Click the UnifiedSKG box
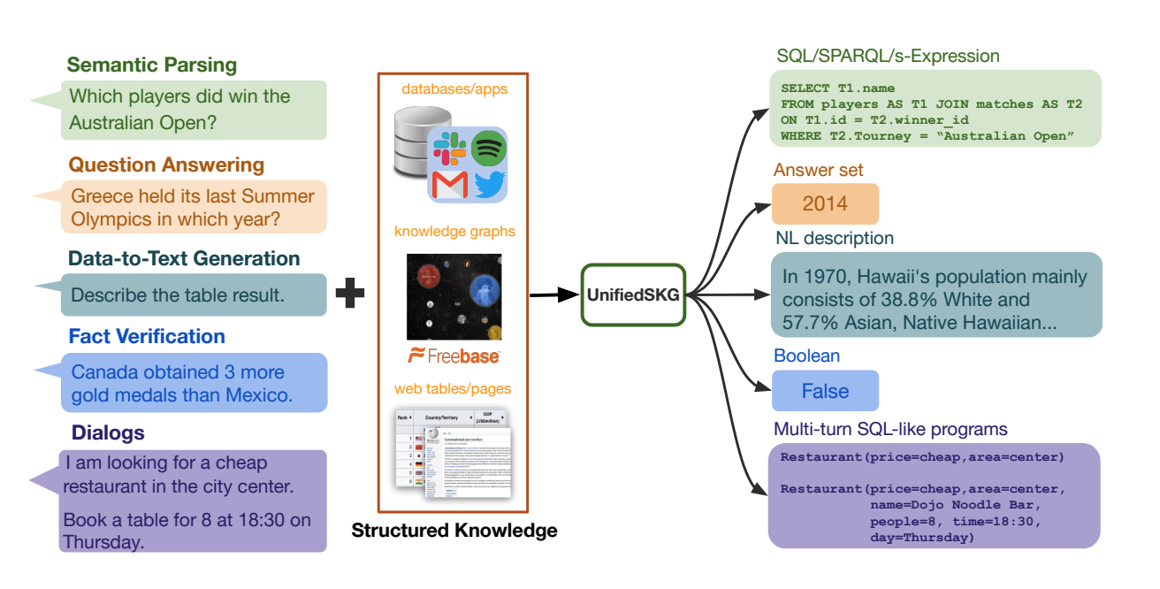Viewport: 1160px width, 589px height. [x=634, y=294]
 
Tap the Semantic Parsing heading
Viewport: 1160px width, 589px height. [x=152, y=65]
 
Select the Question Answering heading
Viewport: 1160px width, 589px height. [x=166, y=164]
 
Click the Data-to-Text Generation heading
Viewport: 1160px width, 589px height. [x=184, y=258]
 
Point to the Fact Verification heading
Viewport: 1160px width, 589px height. [x=147, y=336]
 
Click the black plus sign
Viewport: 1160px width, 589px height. [x=350, y=294]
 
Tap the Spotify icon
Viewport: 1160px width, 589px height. [x=488, y=148]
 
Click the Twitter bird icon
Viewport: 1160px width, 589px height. [x=488, y=185]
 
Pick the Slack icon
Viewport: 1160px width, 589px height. [x=449, y=148]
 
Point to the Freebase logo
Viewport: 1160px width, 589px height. [x=454, y=356]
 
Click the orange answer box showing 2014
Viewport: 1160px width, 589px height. [x=825, y=203]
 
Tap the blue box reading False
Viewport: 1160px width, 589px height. [x=825, y=391]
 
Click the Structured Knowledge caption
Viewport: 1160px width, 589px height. [x=454, y=531]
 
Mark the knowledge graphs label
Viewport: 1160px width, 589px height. [x=454, y=232]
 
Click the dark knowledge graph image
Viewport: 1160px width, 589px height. [x=454, y=297]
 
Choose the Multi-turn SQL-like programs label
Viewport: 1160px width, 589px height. [x=890, y=430]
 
